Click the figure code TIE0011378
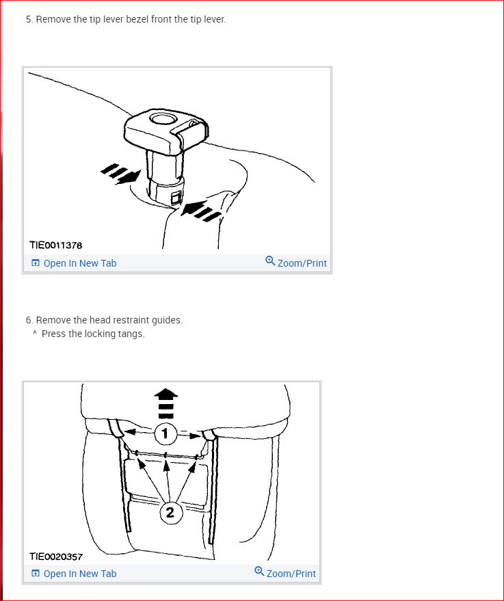click(56, 245)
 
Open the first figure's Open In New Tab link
click(80, 263)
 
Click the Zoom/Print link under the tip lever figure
click(302, 263)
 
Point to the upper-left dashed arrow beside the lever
click(120, 174)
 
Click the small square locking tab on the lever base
click(176, 198)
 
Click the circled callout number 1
click(165, 434)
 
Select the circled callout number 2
click(170, 512)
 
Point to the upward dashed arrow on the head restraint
click(166, 403)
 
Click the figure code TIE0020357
click(56, 557)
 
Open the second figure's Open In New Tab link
click(80, 574)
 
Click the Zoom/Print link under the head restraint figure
click(291, 574)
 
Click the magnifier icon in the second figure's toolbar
click(259, 572)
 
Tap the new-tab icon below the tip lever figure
click(36, 263)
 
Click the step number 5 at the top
click(28, 19)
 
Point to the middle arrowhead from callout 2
click(166, 466)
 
